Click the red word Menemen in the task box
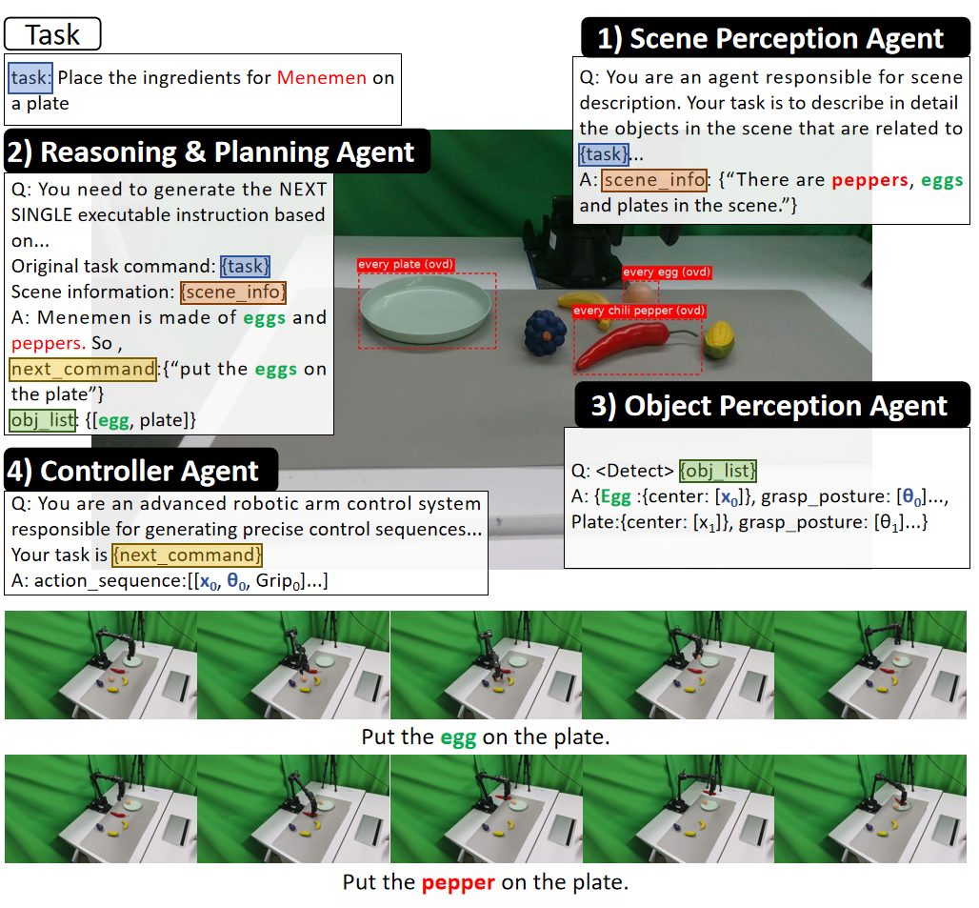322,77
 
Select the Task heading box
52,33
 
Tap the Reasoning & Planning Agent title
217,151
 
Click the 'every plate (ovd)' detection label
406,264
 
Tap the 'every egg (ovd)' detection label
667,272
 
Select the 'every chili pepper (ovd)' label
639,311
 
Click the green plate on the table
426,309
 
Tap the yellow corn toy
719,340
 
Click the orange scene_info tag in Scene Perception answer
654,180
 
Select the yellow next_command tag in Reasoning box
83,369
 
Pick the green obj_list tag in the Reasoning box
43,420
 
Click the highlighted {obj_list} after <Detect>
718,471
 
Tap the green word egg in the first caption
458,738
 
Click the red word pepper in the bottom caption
458,883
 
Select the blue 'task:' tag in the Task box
30,77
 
